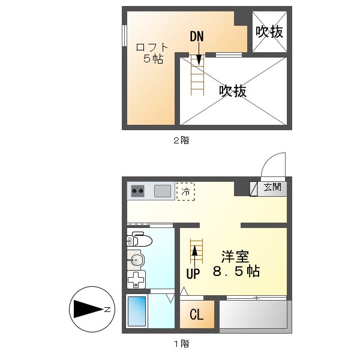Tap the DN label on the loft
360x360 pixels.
click(197, 37)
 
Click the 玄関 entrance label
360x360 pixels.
click(272, 187)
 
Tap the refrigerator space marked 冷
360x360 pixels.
click(185, 192)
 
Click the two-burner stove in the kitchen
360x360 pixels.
click(138, 191)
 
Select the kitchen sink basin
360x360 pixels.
click(163, 191)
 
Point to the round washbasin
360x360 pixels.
click(137, 260)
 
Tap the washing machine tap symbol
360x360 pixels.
click(137, 280)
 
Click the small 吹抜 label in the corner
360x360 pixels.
click(269, 32)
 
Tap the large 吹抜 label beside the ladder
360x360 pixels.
click(232, 91)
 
